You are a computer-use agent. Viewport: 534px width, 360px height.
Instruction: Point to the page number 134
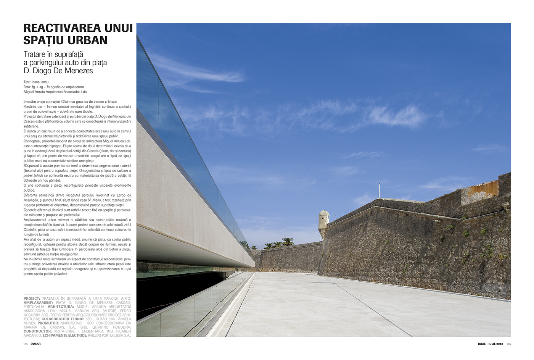tap(25, 344)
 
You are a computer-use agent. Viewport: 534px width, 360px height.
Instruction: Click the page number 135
tap(508, 344)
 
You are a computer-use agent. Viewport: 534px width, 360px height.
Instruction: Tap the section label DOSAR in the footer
tap(35, 344)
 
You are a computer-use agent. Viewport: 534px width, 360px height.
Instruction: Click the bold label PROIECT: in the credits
tap(32, 299)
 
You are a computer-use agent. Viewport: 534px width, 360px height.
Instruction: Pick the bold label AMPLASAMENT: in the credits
tap(38, 303)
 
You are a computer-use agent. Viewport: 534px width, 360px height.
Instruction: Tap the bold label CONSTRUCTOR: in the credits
tap(38, 331)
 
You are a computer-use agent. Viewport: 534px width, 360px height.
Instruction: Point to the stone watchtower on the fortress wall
tap(323, 223)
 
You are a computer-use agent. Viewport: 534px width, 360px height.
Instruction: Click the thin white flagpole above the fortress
tap(379, 191)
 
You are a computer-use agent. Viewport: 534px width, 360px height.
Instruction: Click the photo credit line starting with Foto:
tap(54, 87)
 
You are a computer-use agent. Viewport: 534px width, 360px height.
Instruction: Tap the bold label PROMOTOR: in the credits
tap(48, 323)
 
